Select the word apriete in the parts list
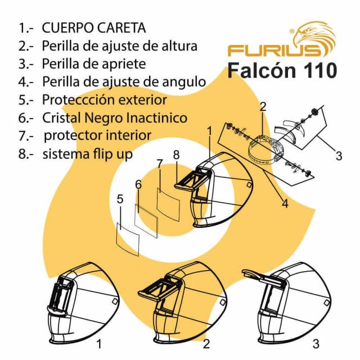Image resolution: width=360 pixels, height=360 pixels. pyautogui.click(x=127, y=64)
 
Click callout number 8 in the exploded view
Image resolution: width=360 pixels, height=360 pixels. pyautogui.click(x=176, y=153)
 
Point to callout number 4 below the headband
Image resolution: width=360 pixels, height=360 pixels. pyautogui.click(x=285, y=204)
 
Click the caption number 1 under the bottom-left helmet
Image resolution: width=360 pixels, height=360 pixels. pyautogui.click(x=99, y=342)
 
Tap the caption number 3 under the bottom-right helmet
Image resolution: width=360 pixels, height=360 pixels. pyautogui.click(x=316, y=342)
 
